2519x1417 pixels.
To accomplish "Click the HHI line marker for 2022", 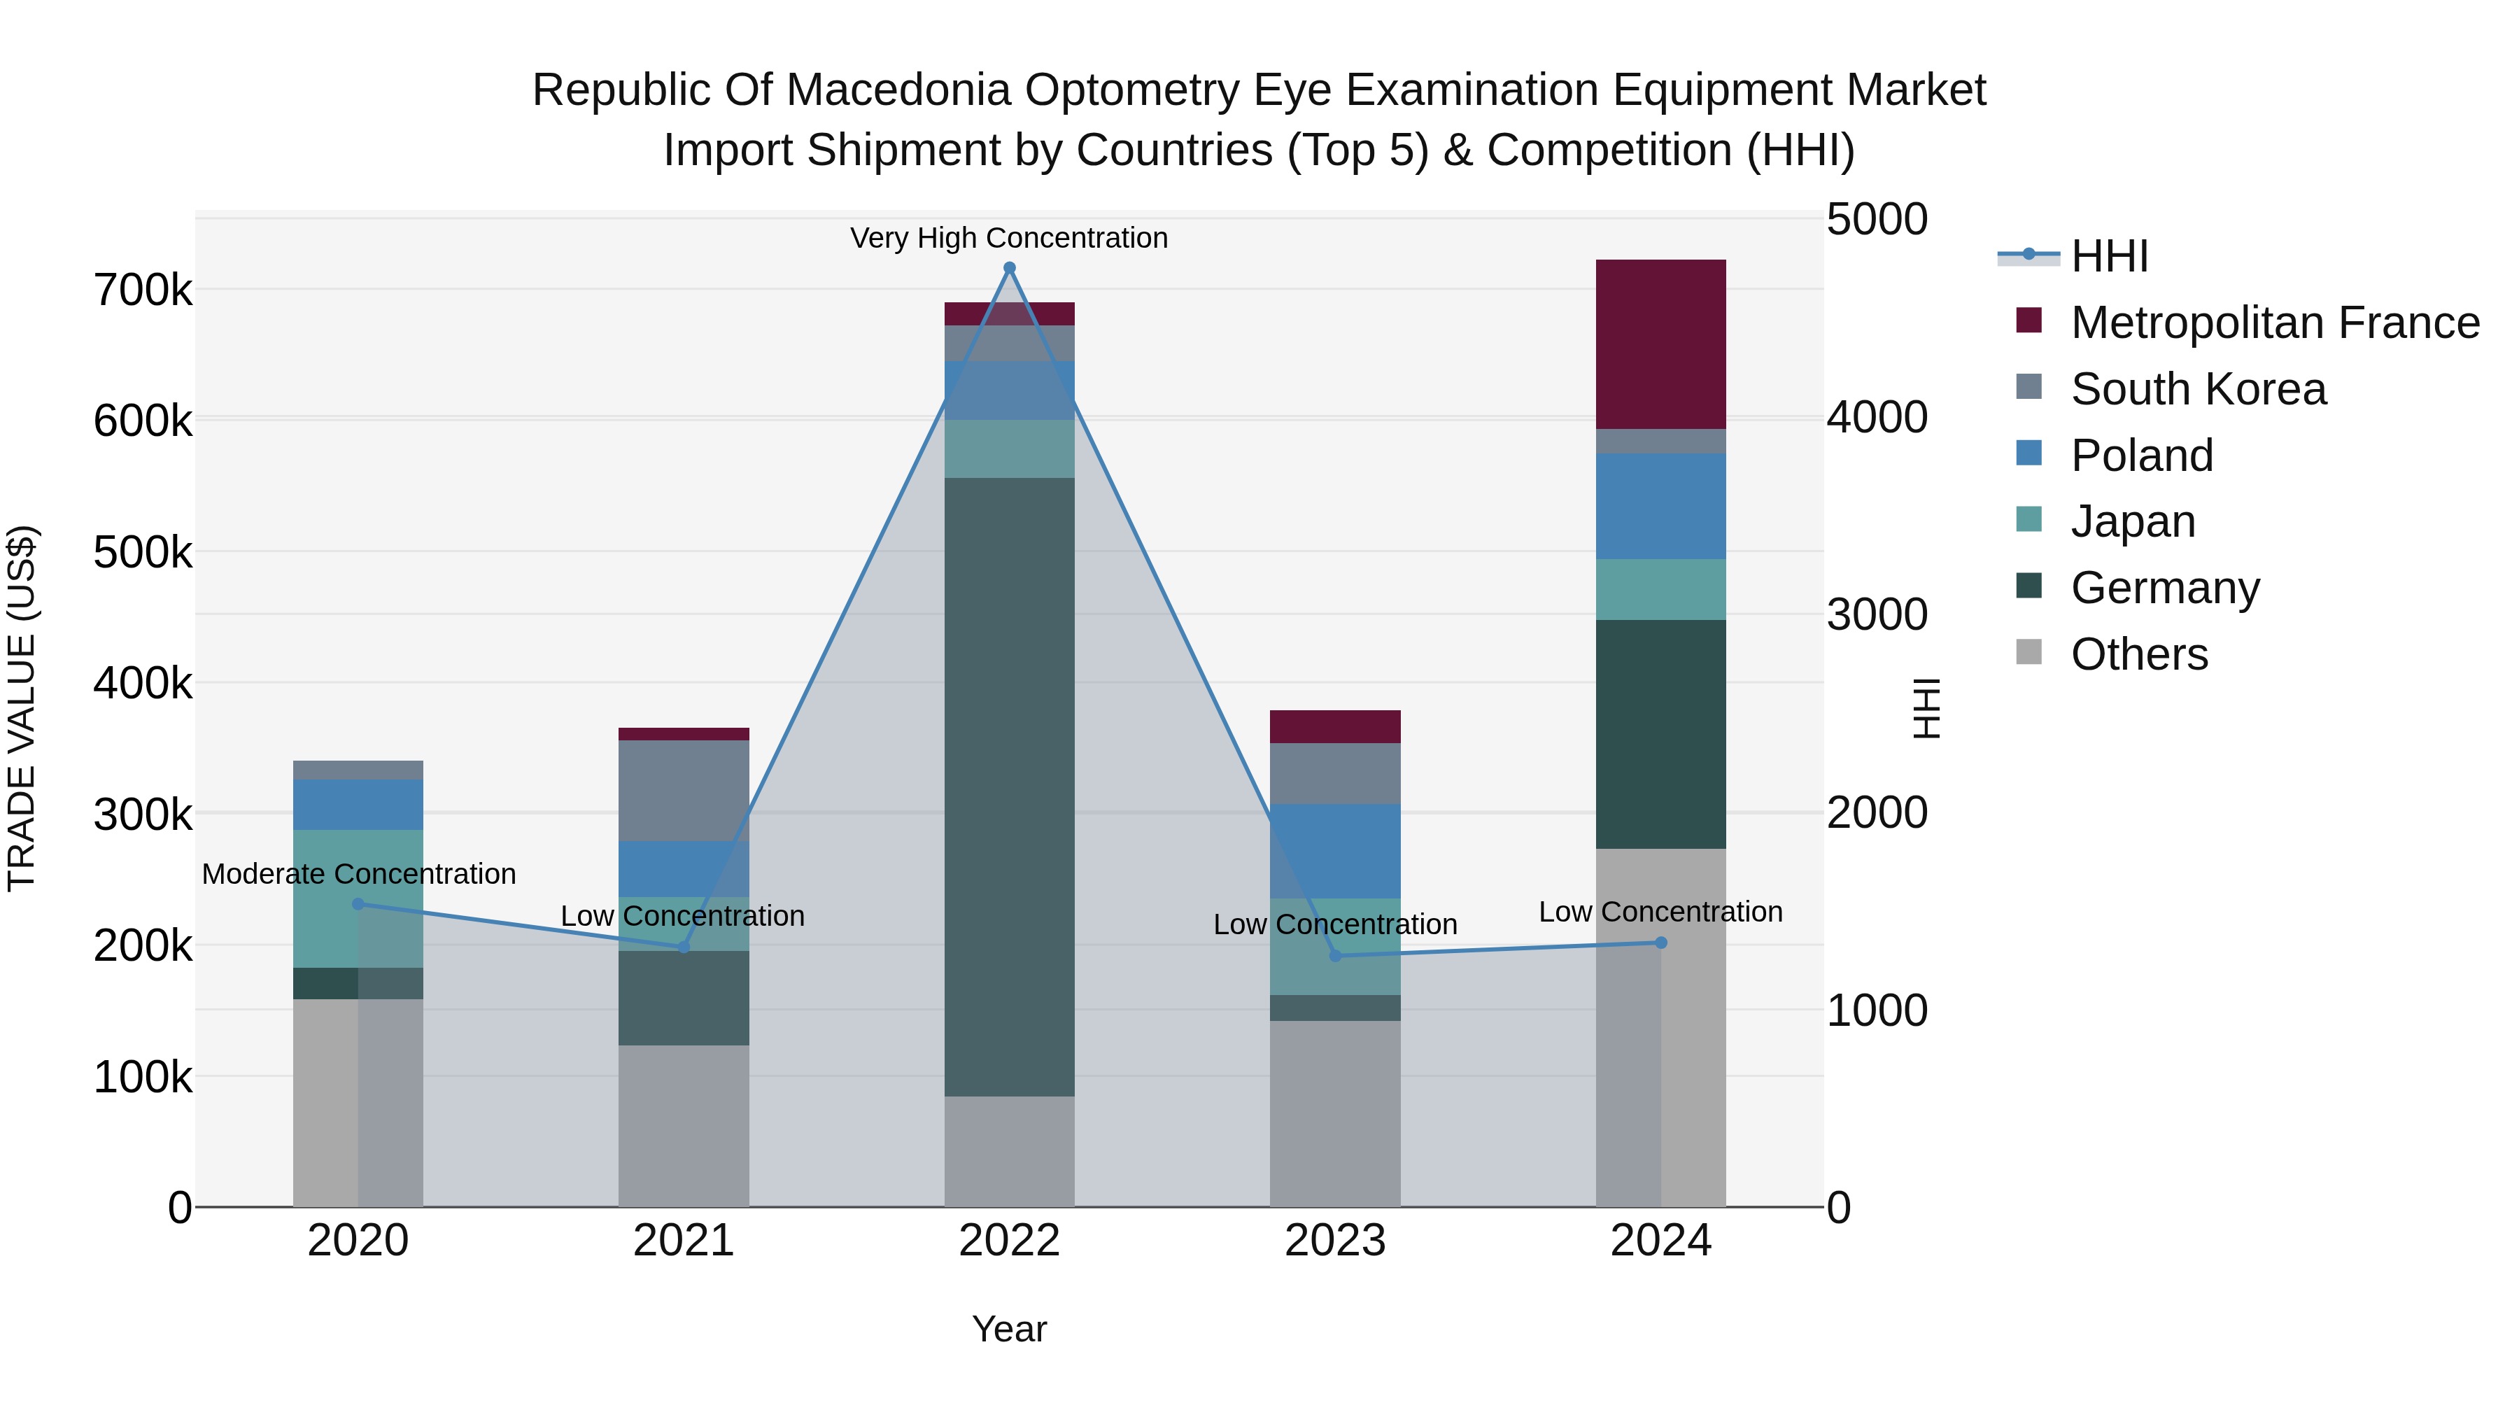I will [1009, 268].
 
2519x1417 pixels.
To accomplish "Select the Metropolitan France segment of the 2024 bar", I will [1660, 344].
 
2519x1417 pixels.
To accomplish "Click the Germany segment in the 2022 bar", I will [1009, 787].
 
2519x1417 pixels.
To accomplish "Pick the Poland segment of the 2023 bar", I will [1335, 851].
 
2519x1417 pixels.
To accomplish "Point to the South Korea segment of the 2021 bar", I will [684, 790].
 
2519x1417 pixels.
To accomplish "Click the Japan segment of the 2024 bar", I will [1660, 590].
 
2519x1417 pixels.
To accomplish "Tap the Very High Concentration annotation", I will [1009, 239].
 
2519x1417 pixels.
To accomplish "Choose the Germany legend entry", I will [2164, 588].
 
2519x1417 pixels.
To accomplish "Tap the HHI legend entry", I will [2108, 256].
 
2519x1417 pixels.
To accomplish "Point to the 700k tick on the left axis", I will [143, 290].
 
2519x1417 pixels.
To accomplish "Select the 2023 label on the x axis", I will [1335, 1241].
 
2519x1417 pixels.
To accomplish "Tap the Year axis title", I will [1009, 1329].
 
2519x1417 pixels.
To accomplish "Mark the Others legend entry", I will [2138, 654].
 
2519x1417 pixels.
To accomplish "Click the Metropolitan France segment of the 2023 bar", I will [1335, 726].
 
